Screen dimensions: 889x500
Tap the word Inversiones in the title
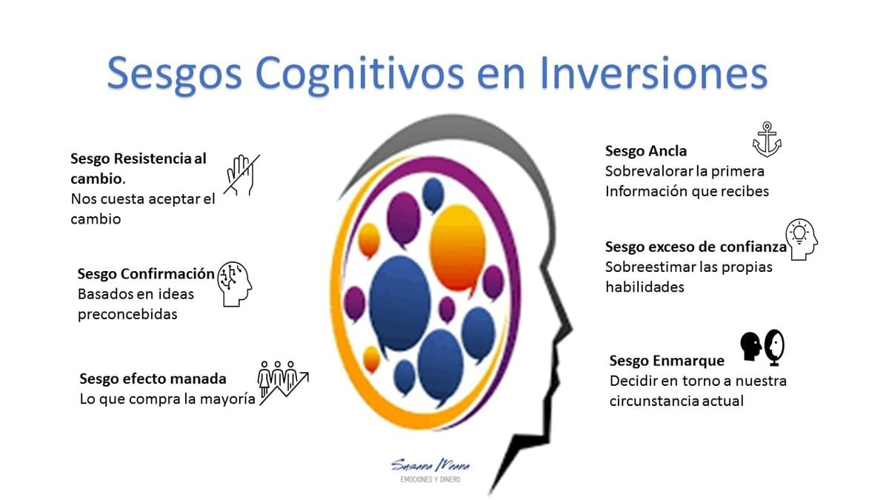[654, 73]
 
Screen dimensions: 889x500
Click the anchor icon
[767, 139]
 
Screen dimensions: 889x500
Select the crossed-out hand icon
[242, 175]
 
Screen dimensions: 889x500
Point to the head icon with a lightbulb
[802, 239]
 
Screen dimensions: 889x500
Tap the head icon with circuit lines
[235, 284]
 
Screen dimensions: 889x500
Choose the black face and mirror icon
[762, 347]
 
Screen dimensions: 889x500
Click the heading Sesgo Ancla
[646, 151]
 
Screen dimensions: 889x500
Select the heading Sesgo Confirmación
[146, 274]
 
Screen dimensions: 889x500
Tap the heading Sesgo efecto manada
[153, 379]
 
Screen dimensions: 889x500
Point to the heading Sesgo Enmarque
[667, 361]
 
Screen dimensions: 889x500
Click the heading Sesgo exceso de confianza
[696, 247]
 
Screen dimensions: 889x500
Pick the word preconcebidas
[127, 314]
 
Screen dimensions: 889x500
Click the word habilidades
[645, 287]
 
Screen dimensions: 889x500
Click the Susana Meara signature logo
[430, 465]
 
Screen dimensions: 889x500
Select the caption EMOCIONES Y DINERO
[430, 480]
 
